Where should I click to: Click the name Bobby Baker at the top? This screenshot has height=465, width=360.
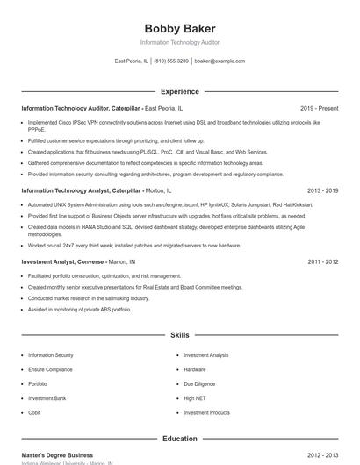click(x=179, y=29)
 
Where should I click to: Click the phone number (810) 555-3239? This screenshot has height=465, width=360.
click(x=172, y=61)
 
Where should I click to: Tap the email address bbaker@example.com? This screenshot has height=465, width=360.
click(x=220, y=61)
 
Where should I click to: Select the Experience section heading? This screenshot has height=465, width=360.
click(x=179, y=91)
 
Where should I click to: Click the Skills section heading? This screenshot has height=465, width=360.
click(x=179, y=335)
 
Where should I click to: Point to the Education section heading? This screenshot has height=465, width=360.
click(x=179, y=439)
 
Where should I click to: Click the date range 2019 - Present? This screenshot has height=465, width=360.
click(x=319, y=108)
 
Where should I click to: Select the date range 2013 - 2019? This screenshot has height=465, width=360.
click(x=322, y=190)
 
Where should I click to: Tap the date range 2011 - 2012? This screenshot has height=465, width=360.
click(x=322, y=261)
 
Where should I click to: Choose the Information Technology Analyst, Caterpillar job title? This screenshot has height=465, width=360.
click(x=81, y=190)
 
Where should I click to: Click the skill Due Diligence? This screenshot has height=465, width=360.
click(x=199, y=383)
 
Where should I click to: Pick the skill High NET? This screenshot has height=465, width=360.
click(x=195, y=398)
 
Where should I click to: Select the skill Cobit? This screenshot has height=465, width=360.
click(x=34, y=412)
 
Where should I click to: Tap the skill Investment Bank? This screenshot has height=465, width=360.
click(x=47, y=398)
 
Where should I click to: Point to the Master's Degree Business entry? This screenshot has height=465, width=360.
click(x=57, y=455)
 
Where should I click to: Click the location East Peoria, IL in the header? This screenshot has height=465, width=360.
click(x=132, y=61)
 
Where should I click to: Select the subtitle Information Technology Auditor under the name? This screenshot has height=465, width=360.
click(x=179, y=42)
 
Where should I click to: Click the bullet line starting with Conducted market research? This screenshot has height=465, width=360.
click(x=88, y=298)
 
